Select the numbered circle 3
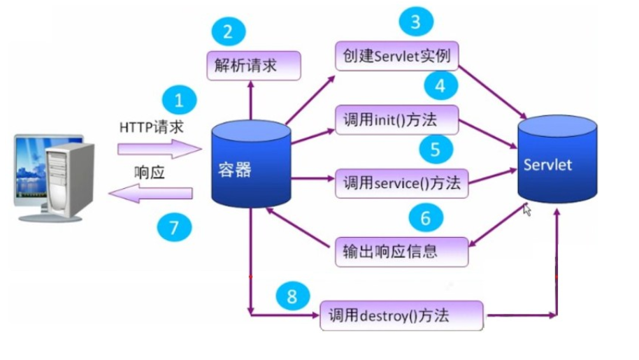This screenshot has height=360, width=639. tap(417, 22)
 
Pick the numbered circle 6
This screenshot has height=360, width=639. tap(425, 219)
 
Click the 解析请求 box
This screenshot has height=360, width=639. tap(253, 66)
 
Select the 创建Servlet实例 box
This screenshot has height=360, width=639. tap(396, 56)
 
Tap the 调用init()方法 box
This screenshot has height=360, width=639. tap(396, 120)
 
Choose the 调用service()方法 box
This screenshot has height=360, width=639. tap(401, 183)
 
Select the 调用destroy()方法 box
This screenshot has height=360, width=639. tap(402, 315)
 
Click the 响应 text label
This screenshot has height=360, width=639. tap(149, 173)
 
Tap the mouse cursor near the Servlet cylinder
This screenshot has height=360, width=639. tap(526, 209)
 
